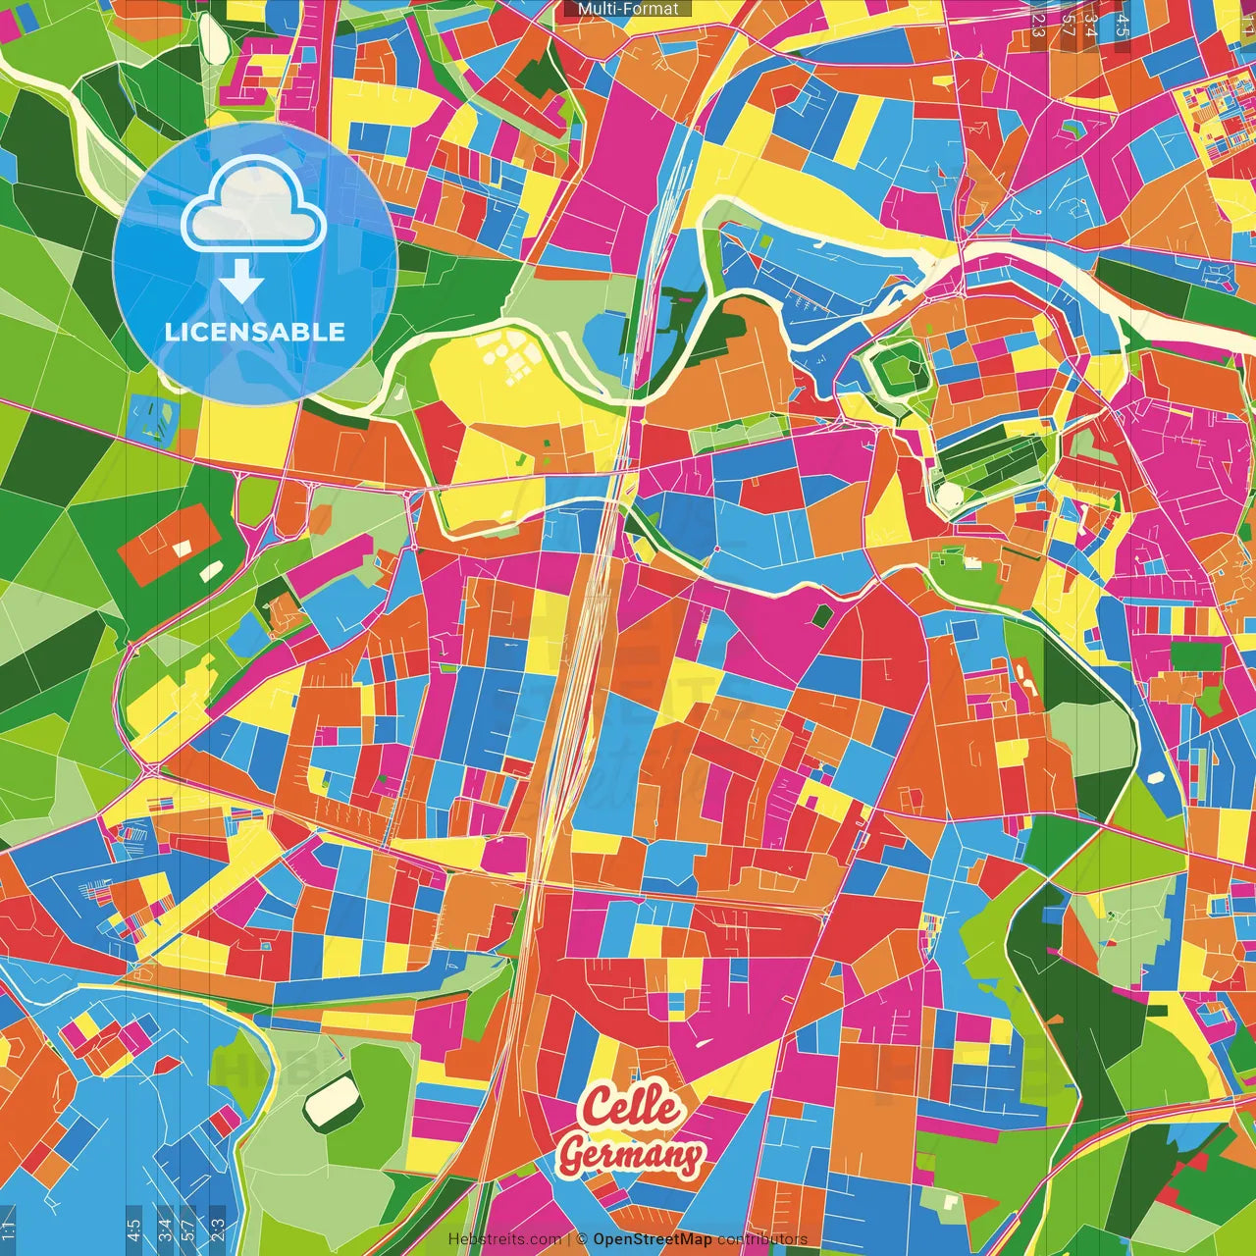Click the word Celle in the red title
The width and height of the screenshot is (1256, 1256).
click(630, 1107)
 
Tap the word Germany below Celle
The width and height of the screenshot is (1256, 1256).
click(630, 1155)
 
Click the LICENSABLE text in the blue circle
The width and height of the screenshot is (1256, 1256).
click(255, 332)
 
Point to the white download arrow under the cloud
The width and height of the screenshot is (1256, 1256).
click(241, 281)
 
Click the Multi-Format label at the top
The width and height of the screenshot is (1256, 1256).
click(628, 9)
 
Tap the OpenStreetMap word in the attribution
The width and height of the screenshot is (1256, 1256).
click(652, 1239)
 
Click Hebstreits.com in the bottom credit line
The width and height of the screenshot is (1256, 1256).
click(504, 1239)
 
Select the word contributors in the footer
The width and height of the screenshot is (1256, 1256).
click(761, 1239)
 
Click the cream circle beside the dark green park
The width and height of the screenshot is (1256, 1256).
click(948, 496)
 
